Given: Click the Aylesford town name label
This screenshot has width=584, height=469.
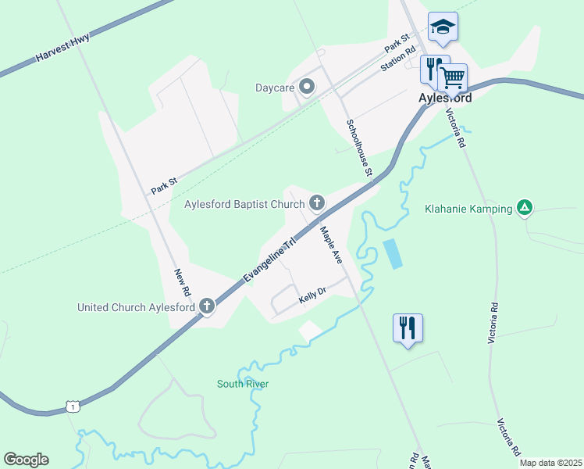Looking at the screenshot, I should click(x=445, y=98).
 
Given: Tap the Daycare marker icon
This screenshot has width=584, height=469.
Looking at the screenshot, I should click(x=307, y=87).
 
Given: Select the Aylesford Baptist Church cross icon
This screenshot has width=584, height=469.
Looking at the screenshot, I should click(x=316, y=204).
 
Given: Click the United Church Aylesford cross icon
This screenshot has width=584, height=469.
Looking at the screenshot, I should click(x=207, y=306).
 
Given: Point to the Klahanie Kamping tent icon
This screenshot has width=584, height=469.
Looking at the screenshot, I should click(x=525, y=208).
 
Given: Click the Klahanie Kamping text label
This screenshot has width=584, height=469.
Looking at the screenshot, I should click(x=468, y=209).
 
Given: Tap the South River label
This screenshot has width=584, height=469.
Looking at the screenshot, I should click(x=243, y=384).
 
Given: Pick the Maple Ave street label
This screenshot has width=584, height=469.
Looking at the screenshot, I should click(x=331, y=244).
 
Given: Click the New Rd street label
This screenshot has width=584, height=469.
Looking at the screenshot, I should click(x=182, y=281).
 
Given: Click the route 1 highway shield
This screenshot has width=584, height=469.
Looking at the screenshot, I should click(x=72, y=406).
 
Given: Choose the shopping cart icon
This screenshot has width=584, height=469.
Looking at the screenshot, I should click(x=452, y=77).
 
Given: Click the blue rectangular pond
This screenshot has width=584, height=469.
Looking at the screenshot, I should click(x=393, y=254).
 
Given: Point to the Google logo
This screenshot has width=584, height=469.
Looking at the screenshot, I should click(x=26, y=460).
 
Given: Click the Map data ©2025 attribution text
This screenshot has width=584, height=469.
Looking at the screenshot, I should click(x=551, y=463).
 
